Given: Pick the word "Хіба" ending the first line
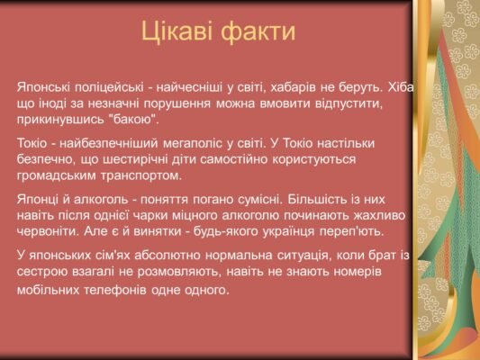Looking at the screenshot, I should point(395,88).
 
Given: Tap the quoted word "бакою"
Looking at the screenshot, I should point(133,120).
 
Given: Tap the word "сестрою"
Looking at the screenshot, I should point(41,271).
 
